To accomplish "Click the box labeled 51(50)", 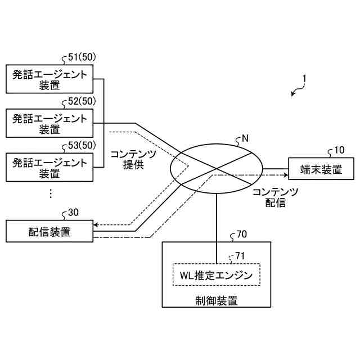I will pos(49,79).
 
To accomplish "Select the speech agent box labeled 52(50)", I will pos(49,123).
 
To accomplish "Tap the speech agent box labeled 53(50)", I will pos(49,168).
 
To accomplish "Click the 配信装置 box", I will pos(49,231).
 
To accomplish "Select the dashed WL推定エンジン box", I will pos(216,276).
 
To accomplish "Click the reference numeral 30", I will pos(73,212).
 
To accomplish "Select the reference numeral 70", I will pos(242,233).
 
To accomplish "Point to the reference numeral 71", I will pos(240,256).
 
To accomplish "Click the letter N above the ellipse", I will pos(245,137).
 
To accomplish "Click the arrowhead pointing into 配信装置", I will pos(96,224).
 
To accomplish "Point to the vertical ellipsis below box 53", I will pos(50,193).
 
